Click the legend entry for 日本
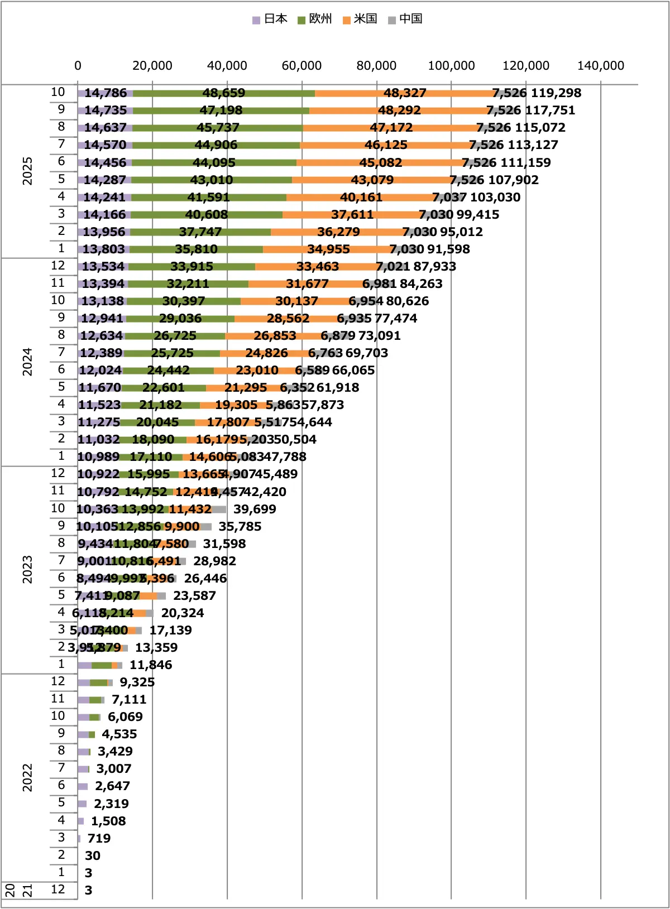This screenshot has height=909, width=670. coord(270,19)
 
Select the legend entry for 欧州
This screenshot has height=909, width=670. coord(315,19)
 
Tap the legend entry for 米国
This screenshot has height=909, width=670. coord(361,19)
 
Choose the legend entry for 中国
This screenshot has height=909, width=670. coord(406,19)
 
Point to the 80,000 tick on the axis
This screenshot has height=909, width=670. coord(376,66)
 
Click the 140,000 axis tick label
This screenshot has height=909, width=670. coord(600,66)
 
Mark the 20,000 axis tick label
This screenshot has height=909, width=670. coord(152,66)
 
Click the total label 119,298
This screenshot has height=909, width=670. coord(556,93)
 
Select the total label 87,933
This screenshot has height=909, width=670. coord(434,267)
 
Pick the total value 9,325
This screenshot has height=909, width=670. coord(137,682)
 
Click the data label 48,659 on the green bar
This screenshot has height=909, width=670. coord(223,93)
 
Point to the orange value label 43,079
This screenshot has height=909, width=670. coord(372,180)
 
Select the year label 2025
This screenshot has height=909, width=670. coord(27,171)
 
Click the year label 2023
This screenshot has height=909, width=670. coord(27,569)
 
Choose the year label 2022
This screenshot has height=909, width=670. coord(27,777)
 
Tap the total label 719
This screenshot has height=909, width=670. coord(99,839)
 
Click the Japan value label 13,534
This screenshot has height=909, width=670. coord(103,267)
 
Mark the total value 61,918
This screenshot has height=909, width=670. coord(337,388)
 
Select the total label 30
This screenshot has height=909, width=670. coord(93,856)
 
